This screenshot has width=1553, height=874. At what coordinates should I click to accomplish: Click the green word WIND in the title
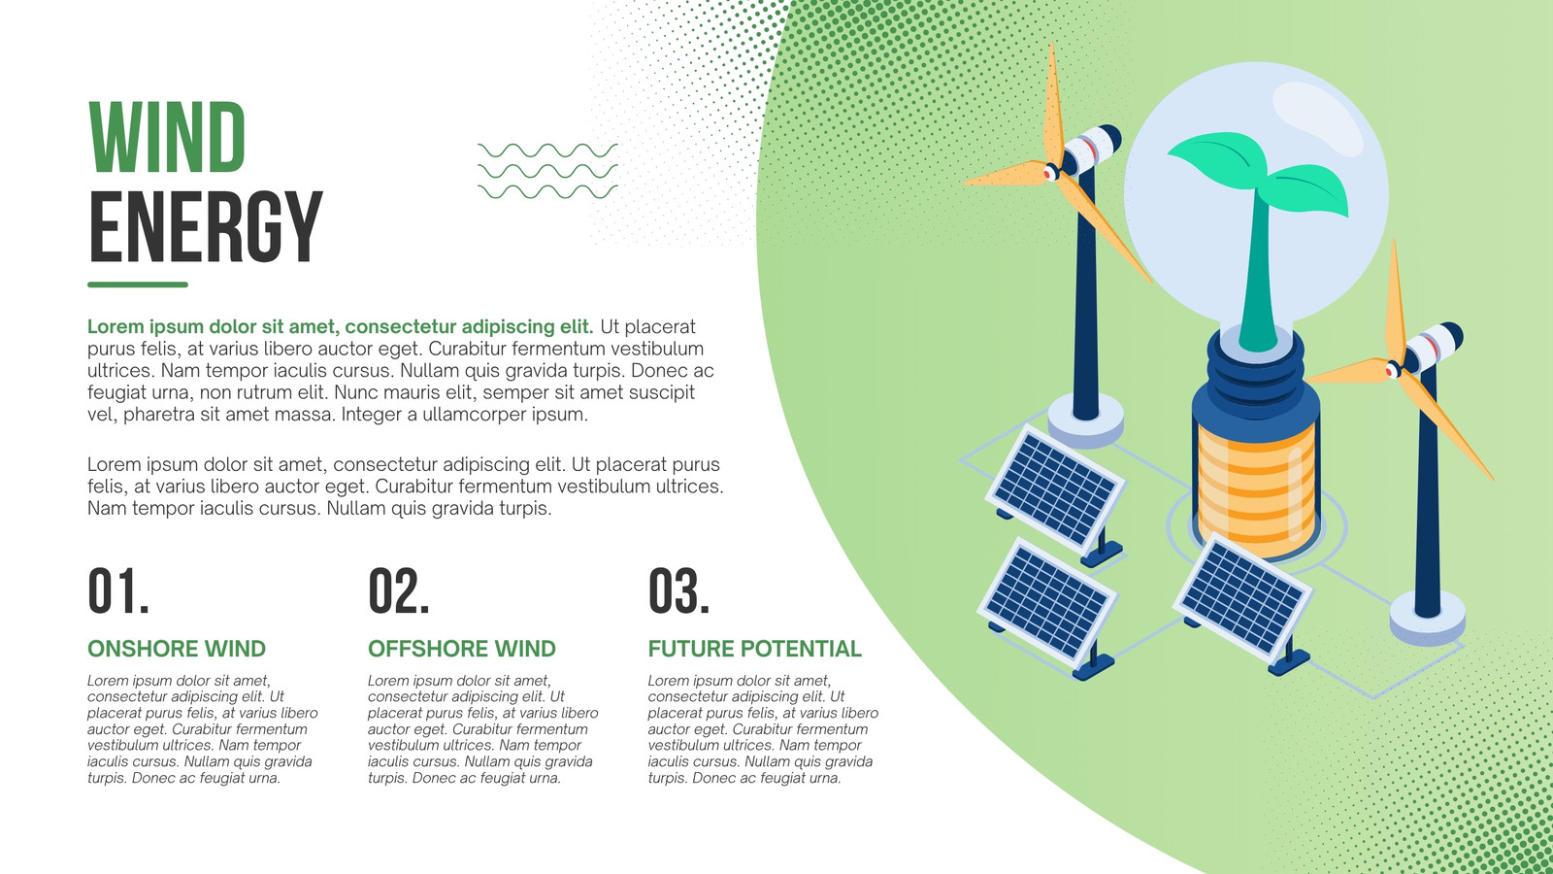166,137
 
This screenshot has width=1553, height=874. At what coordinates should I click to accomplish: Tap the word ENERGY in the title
205,226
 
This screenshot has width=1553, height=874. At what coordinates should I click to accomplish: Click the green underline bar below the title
137,285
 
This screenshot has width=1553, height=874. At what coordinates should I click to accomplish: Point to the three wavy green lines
547,171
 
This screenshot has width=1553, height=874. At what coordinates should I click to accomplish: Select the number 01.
117,590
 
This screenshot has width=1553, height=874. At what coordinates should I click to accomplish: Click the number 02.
398,590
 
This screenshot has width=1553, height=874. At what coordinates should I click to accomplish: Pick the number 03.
678,590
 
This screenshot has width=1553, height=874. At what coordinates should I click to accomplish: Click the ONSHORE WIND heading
177,649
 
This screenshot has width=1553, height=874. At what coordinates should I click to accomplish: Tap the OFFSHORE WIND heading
462,649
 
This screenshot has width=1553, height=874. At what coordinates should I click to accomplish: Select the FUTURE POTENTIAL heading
754,649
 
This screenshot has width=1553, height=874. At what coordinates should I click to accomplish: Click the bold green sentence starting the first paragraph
340,326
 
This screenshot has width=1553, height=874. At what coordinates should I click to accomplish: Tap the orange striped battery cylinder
1256,486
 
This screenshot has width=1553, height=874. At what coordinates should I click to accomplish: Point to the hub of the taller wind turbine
1052,171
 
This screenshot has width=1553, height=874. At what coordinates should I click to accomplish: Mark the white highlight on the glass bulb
1317,118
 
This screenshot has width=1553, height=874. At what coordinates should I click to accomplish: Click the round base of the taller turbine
1086,420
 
